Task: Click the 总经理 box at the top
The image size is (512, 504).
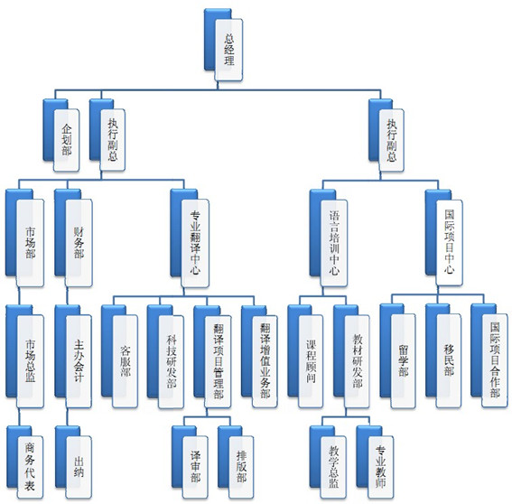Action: pyautogui.click(x=224, y=45)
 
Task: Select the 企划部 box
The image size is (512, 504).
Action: pyautogui.click(x=61, y=135)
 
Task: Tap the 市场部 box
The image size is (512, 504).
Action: pyautogui.click(x=24, y=238)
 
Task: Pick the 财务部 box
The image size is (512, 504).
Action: pyautogui.click(x=74, y=238)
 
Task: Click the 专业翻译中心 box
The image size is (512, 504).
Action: pyautogui.click(x=190, y=238)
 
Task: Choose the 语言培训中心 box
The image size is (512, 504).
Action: pyautogui.click(x=329, y=238)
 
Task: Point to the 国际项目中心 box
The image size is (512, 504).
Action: pyautogui.click(x=444, y=238)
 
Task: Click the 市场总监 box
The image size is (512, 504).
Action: pyautogui.click(x=24, y=357)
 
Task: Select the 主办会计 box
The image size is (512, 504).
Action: pyautogui.click(x=73, y=357)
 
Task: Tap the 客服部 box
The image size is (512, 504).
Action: pyautogui.click(x=119, y=357)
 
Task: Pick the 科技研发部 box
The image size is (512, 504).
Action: pyautogui.click(x=165, y=357)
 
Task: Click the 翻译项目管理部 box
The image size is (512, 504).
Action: pyautogui.click(x=212, y=357)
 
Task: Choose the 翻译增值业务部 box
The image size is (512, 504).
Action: pyautogui.click(x=259, y=357)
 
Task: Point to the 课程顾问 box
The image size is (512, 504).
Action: pyautogui.click(x=305, y=357)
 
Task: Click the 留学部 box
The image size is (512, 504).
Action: pyautogui.click(x=398, y=356)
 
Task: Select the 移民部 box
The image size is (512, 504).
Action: pyautogui.click(x=443, y=356)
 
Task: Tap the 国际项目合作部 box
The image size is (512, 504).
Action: pyautogui.click(x=489, y=356)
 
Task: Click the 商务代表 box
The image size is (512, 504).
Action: pyautogui.click(x=24, y=462)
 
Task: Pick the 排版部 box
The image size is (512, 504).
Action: pyautogui.click(x=236, y=462)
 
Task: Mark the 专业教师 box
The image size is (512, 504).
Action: pyautogui.click(x=375, y=462)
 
